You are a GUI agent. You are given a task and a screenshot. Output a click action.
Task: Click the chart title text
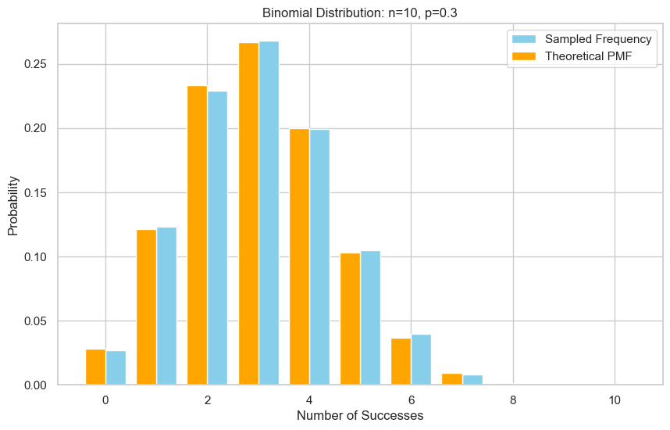[360, 12]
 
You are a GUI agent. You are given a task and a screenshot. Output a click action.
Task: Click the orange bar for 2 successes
[197, 235]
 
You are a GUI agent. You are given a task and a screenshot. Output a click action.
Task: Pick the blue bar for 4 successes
[319, 257]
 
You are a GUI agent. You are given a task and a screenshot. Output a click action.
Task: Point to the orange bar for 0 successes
[95, 367]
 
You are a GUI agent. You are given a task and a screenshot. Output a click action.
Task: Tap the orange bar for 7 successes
[452, 379]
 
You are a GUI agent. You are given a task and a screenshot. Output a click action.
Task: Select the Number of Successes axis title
[360, 416]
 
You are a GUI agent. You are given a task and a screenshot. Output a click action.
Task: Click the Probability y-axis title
[13, 204]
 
